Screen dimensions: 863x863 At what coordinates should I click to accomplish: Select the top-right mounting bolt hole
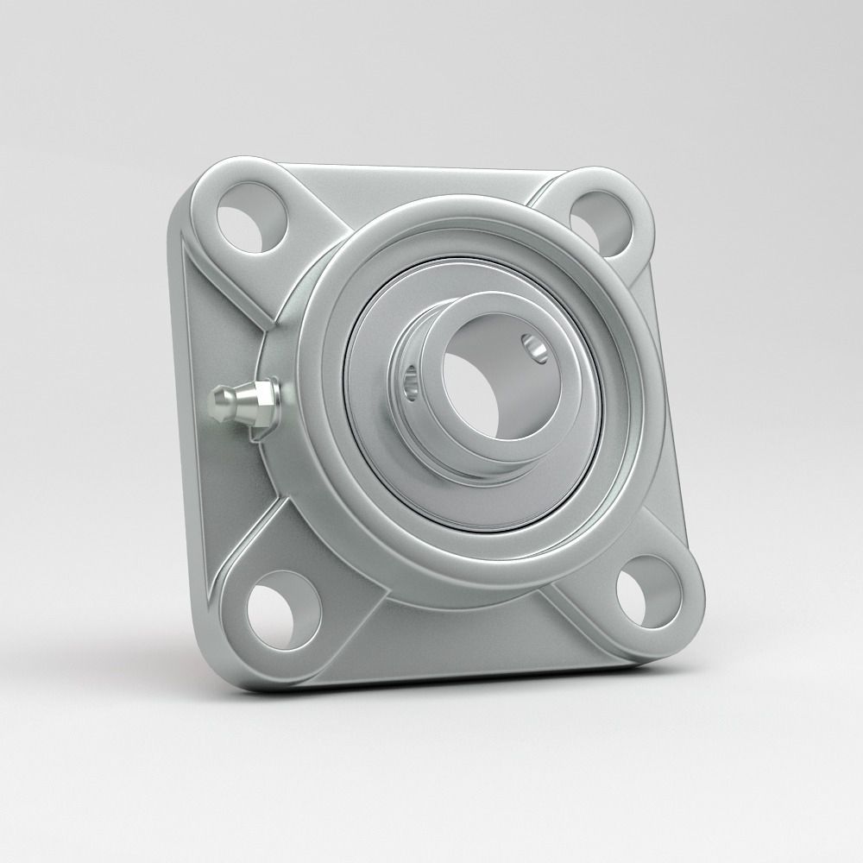602,217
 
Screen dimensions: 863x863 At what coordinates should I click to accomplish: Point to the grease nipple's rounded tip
217,401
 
